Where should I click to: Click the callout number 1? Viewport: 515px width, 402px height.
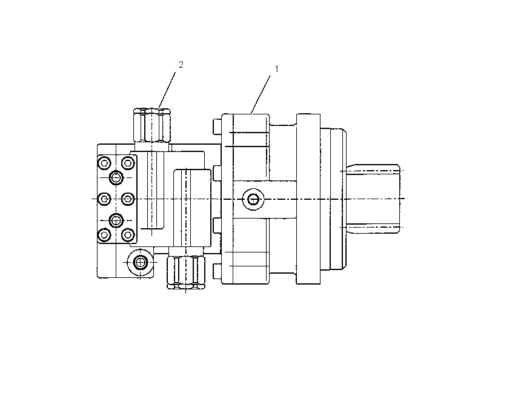[276, 69]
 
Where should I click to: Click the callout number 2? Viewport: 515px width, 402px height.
[181, 65]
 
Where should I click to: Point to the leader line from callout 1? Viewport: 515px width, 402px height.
[261, 94]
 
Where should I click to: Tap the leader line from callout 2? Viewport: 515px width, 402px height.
[167, 90]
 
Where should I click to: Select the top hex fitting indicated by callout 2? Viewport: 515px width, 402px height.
[151, 125]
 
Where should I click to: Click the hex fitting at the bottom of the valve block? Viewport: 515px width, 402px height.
[186, 272]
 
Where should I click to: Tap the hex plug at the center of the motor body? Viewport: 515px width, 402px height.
[253, 199]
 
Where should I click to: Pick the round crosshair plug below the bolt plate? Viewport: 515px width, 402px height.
[141, 262]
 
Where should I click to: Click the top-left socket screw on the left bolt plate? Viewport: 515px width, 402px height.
[104, 163]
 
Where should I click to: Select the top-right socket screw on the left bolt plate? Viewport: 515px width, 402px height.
[128, 163]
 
